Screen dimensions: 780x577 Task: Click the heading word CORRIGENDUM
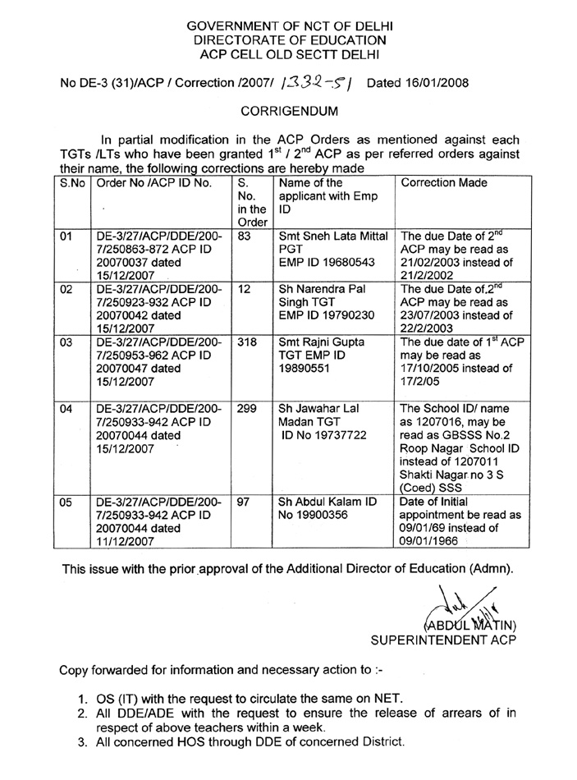[x=288, y=109]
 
